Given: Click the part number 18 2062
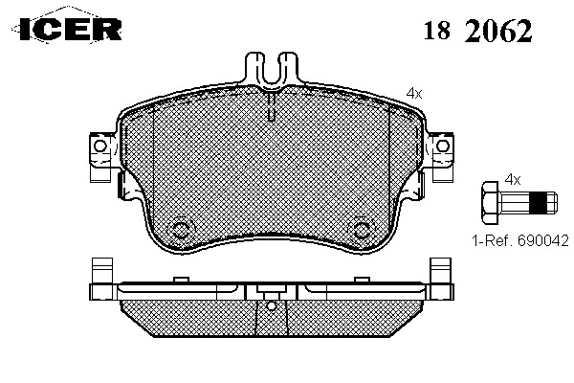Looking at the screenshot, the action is coord(477,31).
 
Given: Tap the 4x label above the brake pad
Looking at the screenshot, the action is coord(414,94).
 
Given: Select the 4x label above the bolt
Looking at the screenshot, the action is coord(513,180).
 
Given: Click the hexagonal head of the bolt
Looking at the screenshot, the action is coord(491,202).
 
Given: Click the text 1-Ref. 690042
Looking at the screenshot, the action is coord(520,240).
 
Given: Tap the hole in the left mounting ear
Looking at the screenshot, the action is coord(99,146).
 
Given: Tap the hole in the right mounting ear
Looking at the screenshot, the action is coord(443,146).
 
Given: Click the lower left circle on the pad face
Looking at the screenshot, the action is coord(180,231).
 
